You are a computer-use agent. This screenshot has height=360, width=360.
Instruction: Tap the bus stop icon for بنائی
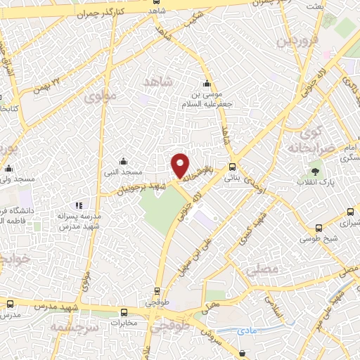click(231, 167)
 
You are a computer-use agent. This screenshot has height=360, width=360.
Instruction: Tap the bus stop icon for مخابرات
click(124, 313)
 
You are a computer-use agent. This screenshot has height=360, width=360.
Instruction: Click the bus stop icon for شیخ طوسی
click(320, 229)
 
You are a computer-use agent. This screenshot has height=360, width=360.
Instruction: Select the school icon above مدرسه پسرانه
click(79, 206)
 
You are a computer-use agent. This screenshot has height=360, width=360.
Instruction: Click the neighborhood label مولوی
click(99, 96)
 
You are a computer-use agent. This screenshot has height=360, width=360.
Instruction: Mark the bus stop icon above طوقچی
click(157, 290)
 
